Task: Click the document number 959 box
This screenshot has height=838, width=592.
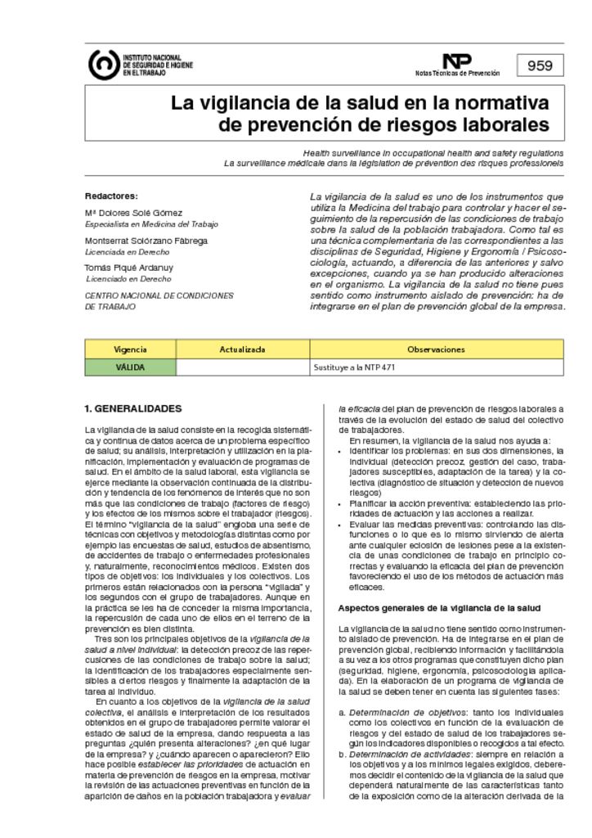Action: point(540,66)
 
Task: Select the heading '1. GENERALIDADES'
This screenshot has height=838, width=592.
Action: point(133,408)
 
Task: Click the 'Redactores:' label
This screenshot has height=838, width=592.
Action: point(111,196)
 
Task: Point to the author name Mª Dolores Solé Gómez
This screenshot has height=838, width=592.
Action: point(134,213)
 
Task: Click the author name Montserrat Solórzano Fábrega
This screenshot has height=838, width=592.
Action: point(146,241)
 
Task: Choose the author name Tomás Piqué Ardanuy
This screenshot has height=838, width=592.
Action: point(129,268)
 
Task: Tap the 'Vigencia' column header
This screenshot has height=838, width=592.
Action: point(131,349)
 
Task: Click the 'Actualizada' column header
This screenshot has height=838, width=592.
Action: point(243,349)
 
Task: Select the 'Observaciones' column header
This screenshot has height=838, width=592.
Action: point(436,349)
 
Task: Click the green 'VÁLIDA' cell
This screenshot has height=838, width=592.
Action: point(131,367)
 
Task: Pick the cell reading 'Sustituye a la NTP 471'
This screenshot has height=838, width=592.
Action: point(355,367)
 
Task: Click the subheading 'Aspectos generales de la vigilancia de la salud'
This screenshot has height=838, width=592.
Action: point(439,608)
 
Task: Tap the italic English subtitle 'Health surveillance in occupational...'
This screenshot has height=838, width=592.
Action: point(433,153)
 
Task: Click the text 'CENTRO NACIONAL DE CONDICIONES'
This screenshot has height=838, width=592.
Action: point(159,295)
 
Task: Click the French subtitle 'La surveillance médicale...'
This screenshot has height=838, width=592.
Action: point(393,163)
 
